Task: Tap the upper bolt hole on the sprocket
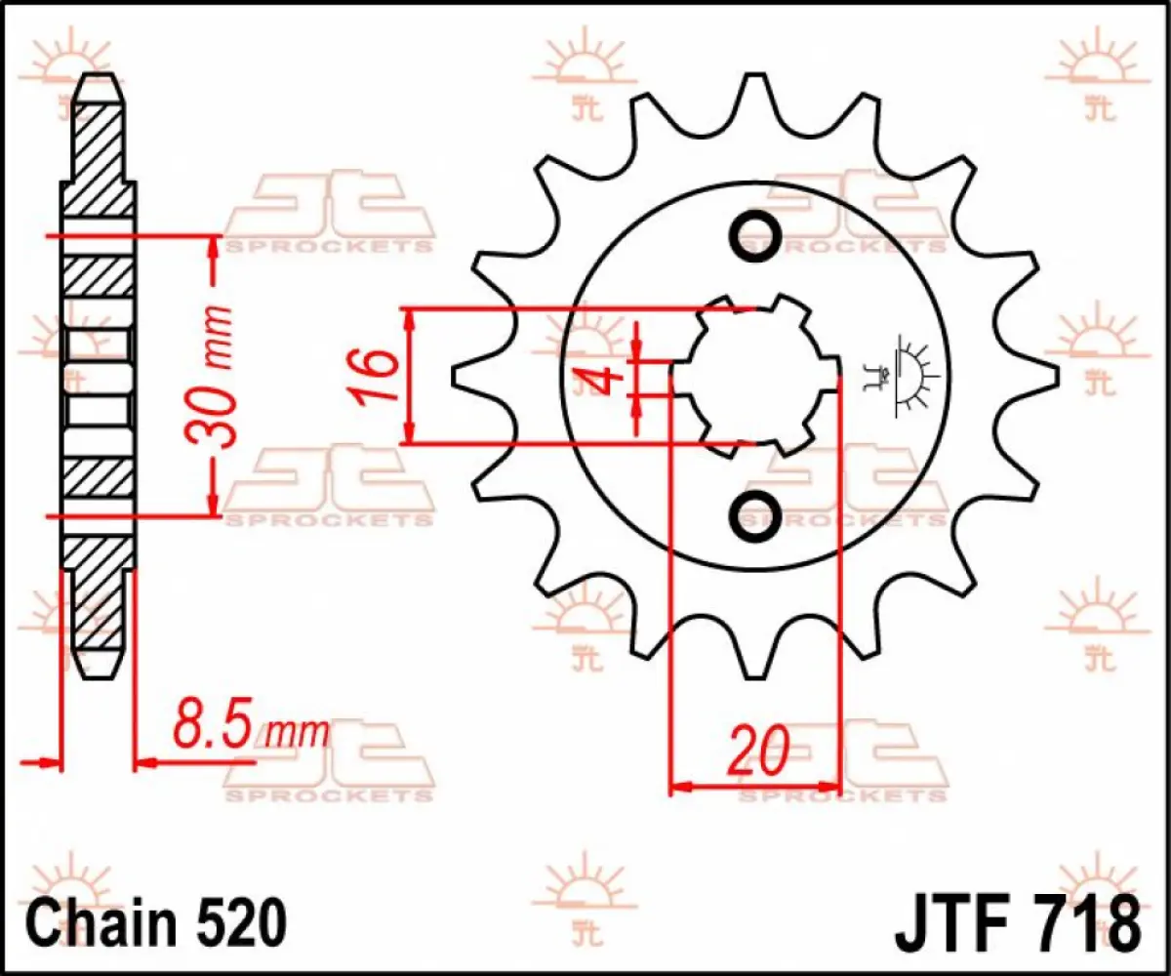click(755, 235)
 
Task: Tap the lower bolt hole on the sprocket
click(755, 512)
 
